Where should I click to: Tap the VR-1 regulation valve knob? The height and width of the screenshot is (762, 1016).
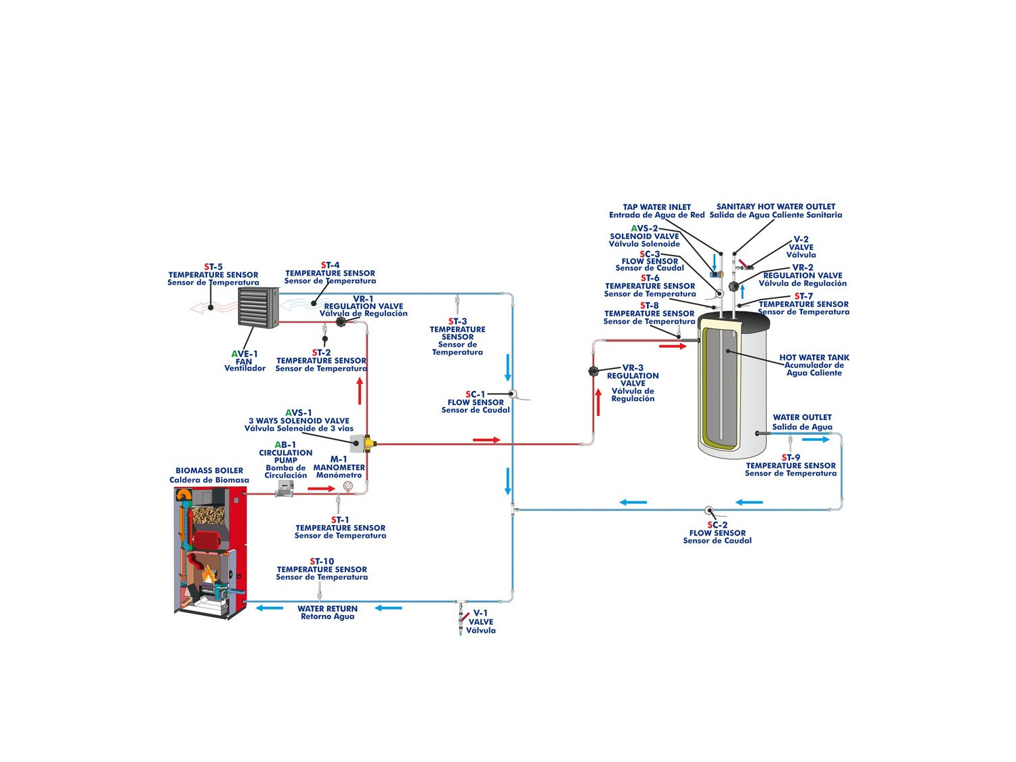coord(341,322)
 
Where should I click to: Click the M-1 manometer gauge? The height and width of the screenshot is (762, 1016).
coord(348,486)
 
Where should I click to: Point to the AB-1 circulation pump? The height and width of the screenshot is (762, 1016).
coord(284,490)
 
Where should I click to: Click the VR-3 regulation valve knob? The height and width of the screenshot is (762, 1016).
coord(593,371)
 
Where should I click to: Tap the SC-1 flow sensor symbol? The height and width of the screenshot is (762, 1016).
coord(513,394)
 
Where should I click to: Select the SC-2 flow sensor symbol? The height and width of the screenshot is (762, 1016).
coord(709,510)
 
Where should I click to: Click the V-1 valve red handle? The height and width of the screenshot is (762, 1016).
coord(466,617)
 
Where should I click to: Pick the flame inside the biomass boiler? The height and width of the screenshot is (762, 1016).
coord(207,576)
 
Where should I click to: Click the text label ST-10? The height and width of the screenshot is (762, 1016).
coord(322,562)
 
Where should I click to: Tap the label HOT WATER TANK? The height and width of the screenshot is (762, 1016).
coord(813,358)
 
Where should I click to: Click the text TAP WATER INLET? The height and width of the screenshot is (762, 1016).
coord(656,207)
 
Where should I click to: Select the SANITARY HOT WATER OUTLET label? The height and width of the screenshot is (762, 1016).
coord(776,207)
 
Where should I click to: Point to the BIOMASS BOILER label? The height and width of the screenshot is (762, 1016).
coord(209,471)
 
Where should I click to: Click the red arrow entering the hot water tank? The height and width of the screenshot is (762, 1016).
coord(673,346)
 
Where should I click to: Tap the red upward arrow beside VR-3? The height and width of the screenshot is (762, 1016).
coord(598,402)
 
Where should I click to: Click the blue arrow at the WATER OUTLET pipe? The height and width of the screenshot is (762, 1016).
coord(816,440)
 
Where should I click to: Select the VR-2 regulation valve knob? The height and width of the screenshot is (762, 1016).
coord(734,287)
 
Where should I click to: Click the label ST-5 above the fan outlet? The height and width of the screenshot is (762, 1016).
coord(213,267)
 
